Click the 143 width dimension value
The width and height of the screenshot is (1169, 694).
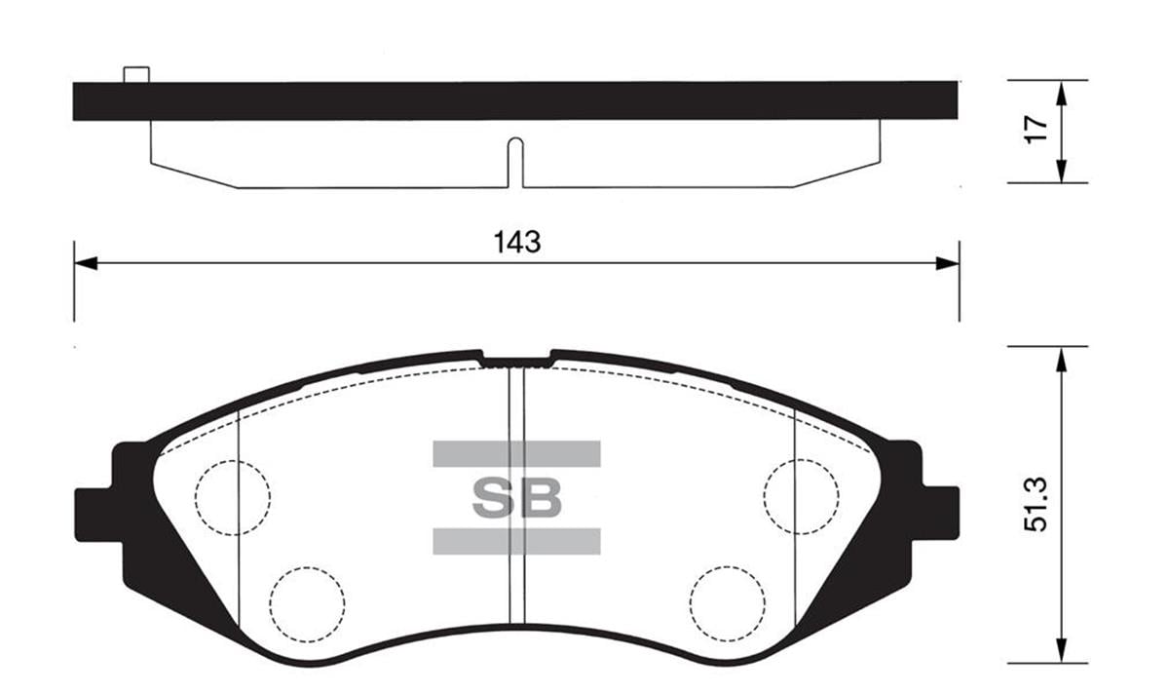516,242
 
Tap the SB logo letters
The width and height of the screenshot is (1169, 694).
517,497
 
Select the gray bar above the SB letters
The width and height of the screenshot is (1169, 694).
516,453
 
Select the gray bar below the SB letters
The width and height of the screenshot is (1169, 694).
516,541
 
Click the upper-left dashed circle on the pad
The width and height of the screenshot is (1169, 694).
233,497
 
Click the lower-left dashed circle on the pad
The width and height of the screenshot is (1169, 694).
308,604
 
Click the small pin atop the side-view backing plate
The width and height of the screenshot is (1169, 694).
136,74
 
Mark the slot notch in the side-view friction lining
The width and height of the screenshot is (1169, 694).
515,161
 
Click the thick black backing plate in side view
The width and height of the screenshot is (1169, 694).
516,101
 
